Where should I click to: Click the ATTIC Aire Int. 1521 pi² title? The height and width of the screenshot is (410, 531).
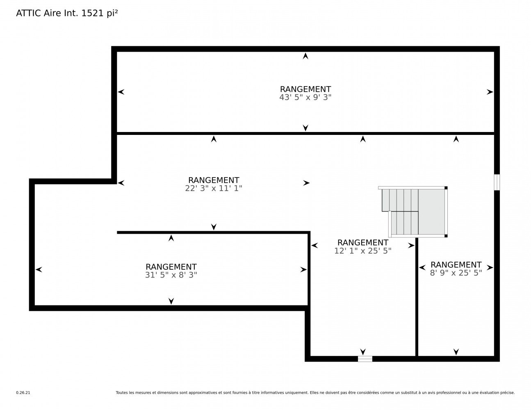[67, 13]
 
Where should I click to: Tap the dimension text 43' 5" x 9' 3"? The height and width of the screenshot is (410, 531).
[305, 97]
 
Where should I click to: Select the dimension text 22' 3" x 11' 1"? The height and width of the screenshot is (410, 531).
[214, 188]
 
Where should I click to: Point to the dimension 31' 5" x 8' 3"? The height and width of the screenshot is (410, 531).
[171, 275]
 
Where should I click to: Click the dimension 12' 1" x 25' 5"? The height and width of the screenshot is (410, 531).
[362, 251]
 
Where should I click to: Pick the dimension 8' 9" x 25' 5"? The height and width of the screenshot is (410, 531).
[456, 273]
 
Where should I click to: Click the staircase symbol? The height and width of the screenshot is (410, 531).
[413, 212]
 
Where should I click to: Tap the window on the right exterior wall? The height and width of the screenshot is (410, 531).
[497, 182]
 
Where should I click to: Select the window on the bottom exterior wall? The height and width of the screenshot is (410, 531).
[365, 359]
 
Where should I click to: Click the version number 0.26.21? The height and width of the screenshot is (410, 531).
[23, 393]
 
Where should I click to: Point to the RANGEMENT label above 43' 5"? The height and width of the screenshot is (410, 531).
[305, 89]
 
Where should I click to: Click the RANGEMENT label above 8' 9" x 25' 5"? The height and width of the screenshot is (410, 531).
[456, 264]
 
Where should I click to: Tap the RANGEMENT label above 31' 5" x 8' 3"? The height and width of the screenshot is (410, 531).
[171, 266]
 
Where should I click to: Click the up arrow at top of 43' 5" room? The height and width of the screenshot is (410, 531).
[305, 56]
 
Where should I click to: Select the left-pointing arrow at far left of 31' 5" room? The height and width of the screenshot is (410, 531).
[39, 269]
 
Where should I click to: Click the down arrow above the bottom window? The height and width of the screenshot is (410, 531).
[362, 352]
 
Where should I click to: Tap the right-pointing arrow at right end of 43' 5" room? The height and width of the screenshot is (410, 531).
[490, 92]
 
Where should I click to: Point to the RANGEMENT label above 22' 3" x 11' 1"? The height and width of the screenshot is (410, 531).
[214, 180]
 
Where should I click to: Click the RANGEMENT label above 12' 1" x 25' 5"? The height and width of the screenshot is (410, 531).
[362, 243]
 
